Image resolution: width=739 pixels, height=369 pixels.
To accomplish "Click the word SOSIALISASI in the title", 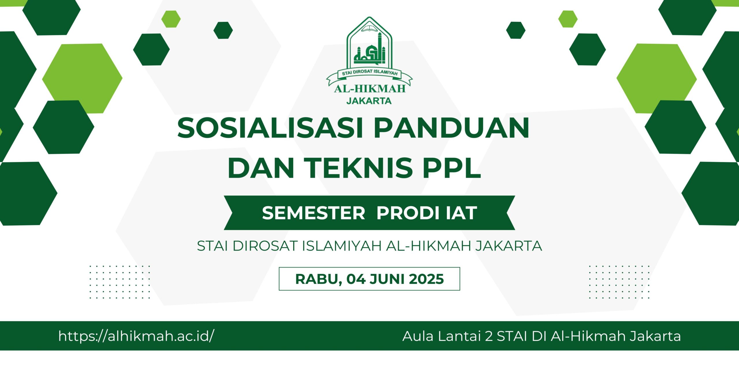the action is pyautogui.click(x=270, y=128).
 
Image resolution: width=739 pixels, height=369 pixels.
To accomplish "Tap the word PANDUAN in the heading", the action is pyautogui.click(x=451, y=128).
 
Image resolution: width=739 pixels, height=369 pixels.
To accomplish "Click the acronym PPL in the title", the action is pyautogui.click(x=452, y=168).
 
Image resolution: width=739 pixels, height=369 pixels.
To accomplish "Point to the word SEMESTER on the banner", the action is pyautogui.click(x=313, y=213).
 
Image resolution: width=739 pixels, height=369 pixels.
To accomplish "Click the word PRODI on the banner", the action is pyautogui.click(x=408, y=213).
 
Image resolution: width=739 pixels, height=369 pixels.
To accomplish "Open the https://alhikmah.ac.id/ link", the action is pyautogui.click(x=136, y=336).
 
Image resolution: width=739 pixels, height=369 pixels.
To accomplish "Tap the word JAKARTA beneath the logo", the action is pyautogui.click(x=369, y=101).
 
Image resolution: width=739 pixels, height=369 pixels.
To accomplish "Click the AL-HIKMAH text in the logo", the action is pyautogui.click(x=370, y=89).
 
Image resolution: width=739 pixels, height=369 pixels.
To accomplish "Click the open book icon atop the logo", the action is pyautogui.click(x=369, y=28).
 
